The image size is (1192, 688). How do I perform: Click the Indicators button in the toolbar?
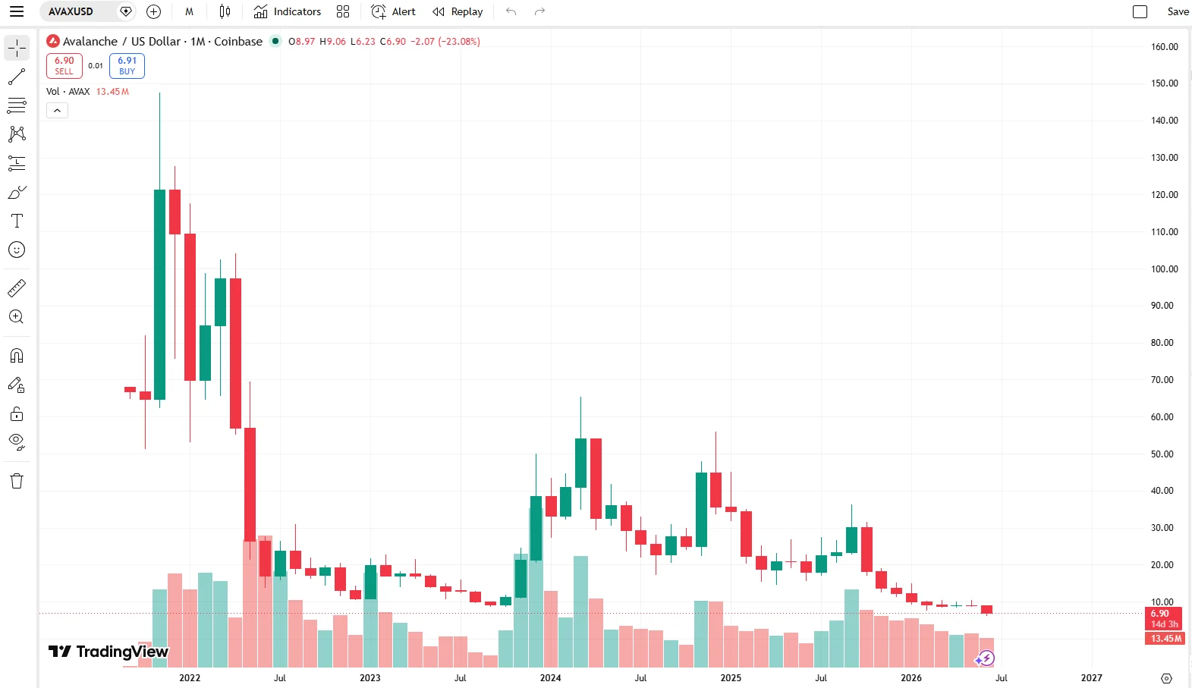pos(287,11)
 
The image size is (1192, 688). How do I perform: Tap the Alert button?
pos(393,11)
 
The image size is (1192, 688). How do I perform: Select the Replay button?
pos(458,11)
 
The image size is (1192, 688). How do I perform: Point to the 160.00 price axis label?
pos(1165,47)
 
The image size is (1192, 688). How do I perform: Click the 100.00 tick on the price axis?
pos(1165,269)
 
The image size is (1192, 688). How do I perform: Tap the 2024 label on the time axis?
pos(550,678)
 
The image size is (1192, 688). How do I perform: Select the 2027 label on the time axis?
pos(1091,678)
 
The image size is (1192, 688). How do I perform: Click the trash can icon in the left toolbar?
pos(17,481)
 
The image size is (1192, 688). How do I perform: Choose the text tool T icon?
pos(17,221)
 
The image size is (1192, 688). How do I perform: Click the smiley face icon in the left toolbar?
pos(17,250)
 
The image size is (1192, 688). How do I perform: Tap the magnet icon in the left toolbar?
pos(17,356)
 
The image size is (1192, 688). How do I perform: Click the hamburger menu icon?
pos(17,11)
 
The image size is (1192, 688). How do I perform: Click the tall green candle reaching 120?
pos(159,294)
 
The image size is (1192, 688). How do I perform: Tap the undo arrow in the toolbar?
pos(511,11)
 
